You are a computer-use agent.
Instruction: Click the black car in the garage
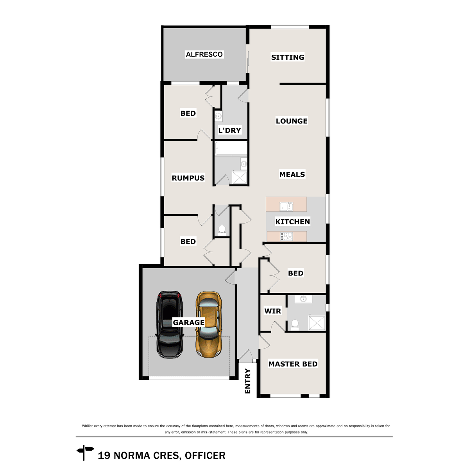coord(170,324)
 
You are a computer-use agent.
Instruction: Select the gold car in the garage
coord(209,324)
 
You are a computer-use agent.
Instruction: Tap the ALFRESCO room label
coord(204,54)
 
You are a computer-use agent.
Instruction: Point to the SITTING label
coord(288,57)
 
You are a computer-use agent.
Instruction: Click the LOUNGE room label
coord(292,121)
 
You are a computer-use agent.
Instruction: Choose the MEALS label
coord(292,174)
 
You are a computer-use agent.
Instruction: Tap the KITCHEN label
coord(292,222)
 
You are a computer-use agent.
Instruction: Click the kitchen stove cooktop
coord(286,236)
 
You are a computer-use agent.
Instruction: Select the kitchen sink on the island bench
coord(286,206)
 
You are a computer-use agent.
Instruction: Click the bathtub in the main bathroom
coord(231,149)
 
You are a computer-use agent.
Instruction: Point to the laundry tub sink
coord(218,116)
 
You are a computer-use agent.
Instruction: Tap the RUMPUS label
coord(188,178)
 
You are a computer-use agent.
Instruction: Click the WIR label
coord(272,311)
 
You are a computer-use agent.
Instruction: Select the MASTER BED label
coord(293,364)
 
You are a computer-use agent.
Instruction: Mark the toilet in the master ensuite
coord(295,324)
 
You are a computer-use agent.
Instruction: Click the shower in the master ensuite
coord(317,323)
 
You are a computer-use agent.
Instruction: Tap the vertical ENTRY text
coord(247,381)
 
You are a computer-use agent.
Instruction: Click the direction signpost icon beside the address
coord(85,453)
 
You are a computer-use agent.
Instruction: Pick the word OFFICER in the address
coord(205,456)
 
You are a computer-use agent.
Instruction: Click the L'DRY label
coord(229,130)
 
